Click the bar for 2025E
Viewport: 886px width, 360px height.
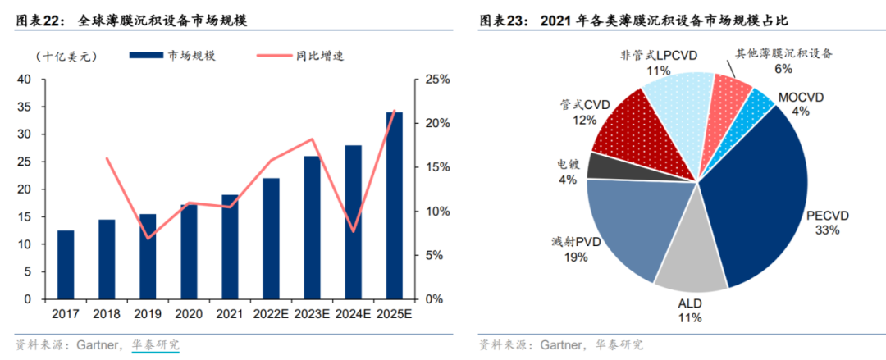[x=394, y=205]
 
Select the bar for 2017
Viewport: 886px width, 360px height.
[x=66, y=265]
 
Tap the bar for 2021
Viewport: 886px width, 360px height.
[x=230, y=246]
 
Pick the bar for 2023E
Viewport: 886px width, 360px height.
[x=312, y=227]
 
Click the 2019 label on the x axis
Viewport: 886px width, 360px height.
[x=148, y=314]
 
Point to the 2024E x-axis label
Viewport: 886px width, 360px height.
[x=353, y=314]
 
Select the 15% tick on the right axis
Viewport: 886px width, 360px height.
[x=435, y=167]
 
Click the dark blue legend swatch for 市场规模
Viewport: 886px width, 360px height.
[x=146, y=56]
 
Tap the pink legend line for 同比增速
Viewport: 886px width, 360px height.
[x=275, y=56]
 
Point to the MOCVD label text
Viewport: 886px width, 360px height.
[x=801, y=98]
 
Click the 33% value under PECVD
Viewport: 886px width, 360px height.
[x=828, y=230]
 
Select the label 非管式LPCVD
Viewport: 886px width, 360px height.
[x=658, y=56]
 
